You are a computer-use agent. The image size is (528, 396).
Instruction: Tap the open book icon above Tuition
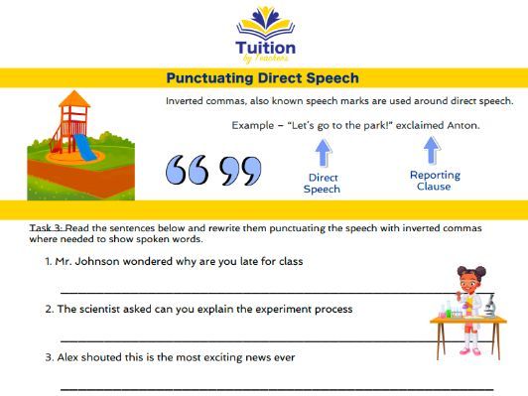click(264, 17)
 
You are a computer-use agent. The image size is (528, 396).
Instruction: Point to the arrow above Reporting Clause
click(432, 150)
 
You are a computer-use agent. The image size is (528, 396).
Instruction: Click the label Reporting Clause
click(435, 181)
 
